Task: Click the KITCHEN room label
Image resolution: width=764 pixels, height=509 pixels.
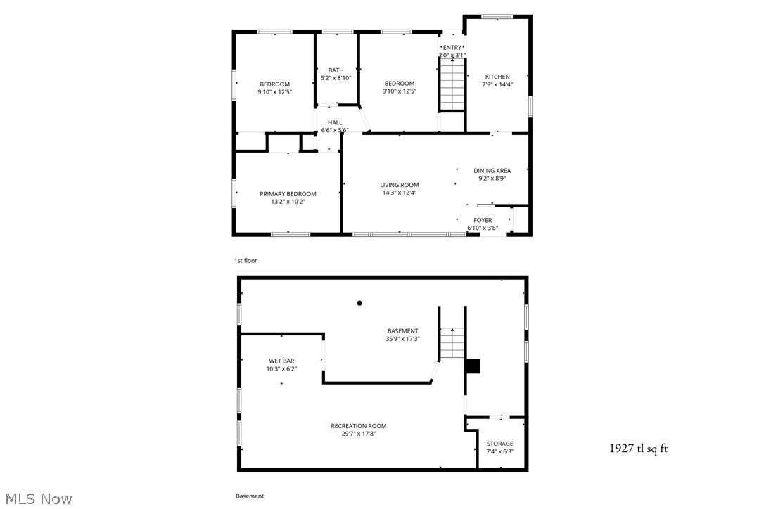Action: tap(497, 77)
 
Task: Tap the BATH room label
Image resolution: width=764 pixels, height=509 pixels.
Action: tap(336, 70)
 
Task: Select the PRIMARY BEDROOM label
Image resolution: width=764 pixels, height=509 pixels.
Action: tap(288, 194)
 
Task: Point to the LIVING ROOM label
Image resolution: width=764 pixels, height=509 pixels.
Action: tap(400, 185)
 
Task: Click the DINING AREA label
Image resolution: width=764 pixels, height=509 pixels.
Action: tap(492, 170)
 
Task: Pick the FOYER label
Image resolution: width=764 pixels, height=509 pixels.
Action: tap(483, 220)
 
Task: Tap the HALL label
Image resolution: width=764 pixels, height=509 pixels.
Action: tap(335, 122)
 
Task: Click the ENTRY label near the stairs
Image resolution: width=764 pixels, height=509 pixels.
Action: tap(452, 48)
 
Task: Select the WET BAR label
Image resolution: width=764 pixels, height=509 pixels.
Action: tap(281, 361)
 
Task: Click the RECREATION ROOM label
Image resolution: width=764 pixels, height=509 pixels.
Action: tap(359, 425)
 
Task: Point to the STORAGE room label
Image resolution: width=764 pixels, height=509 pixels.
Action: tap(500, 444)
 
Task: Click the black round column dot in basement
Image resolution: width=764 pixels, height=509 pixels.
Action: tap(359, 303)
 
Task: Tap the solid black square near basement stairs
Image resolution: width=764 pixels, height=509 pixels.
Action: tap(473, 366)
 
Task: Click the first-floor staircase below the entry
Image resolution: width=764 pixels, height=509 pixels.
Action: tap(452, 84)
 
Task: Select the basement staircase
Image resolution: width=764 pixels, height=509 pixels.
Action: tap(452, 343)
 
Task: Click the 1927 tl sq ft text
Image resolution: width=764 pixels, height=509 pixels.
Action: tap(637, 448)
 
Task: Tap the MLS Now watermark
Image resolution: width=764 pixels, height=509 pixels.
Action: tap(37, 499)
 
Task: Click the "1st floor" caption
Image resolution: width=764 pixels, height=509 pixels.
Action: tap(246, 261)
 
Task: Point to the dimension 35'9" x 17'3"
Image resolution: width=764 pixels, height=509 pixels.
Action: tap(402, 339)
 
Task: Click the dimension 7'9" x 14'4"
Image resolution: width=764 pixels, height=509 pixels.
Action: tap(497, 84)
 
